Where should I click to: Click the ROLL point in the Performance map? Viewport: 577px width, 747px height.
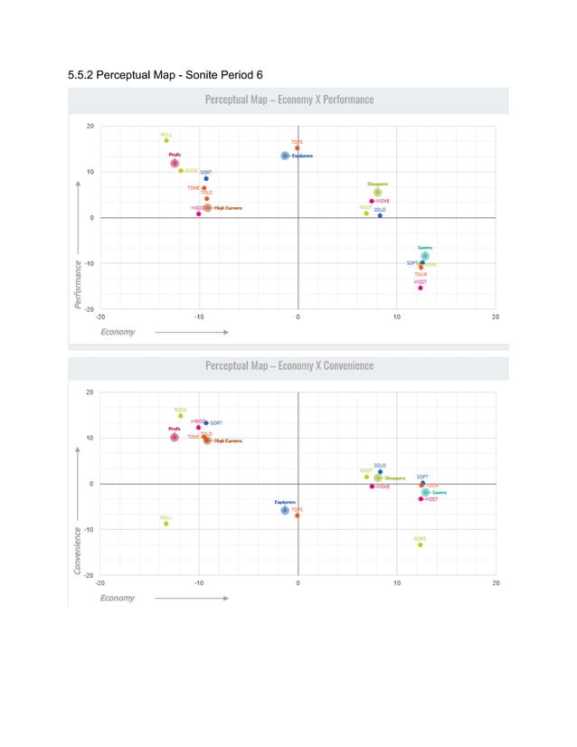(x=166, y=140)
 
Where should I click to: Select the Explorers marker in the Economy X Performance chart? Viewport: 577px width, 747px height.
(x=285, y=156)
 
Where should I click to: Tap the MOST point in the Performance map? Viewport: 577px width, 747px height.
(x=421, y=288)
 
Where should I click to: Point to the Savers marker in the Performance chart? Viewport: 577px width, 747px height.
(x=424, y=255)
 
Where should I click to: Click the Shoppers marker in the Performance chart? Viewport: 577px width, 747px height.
(x=378, y=192)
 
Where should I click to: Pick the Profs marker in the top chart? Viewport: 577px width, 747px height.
(x=175, y=163)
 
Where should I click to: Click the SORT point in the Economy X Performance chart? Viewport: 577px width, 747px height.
(x=205, y=178)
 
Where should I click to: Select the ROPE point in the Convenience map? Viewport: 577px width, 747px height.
(x=420, y=544)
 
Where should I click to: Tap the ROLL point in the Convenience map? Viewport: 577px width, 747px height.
(x=166, y=524)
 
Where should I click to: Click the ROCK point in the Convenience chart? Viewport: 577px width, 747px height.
(x=180, y=416)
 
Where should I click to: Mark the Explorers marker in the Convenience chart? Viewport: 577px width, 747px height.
(x=285, y=510)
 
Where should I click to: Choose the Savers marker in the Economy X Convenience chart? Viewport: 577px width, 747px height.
(x=425, y=493)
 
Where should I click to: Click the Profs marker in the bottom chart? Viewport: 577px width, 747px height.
(x=175, y=437)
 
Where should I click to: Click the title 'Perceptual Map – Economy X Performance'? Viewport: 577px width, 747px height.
(x=288, y=99)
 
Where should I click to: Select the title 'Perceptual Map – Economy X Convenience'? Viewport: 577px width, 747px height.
(x=288, y=365)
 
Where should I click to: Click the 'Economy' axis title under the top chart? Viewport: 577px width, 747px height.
(x=118, y=332)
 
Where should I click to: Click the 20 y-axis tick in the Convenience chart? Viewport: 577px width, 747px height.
(x=90, y=392)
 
